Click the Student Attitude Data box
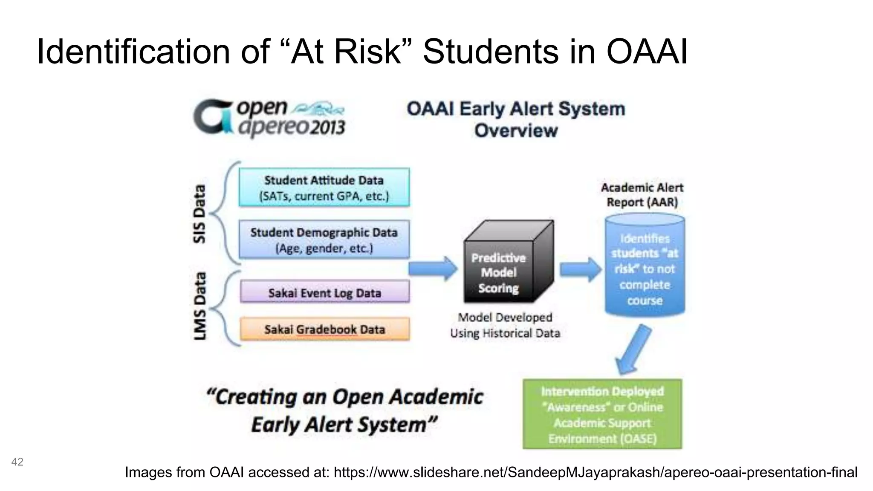(324, 188)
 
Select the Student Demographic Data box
(324, 240)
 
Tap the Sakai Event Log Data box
(324, 292)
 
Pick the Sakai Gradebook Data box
(324, 329)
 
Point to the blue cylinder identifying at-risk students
(645, 269)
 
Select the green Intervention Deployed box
(602, 414)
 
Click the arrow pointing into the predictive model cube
(433, 269)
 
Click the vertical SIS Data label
(199, 214)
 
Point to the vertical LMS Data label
(199, 306)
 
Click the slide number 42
(17, 462)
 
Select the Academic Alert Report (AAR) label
(642, 195)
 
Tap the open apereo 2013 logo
(269, 118)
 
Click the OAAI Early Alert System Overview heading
(516, 119)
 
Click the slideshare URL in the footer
(595, 472)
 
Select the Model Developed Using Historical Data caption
(505, 325)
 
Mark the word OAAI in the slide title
(647, 52)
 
